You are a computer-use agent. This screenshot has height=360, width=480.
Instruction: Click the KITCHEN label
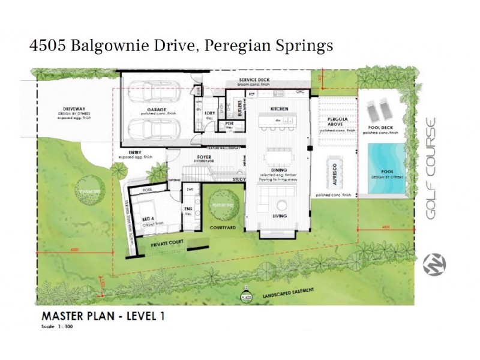click(x=280, y=109)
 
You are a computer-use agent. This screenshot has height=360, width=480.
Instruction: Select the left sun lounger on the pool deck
click(x=373, y=111)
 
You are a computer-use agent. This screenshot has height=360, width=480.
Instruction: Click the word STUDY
click(x=239, y=179)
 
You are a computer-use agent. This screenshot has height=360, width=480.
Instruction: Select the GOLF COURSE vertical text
click(x=430, y=167)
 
